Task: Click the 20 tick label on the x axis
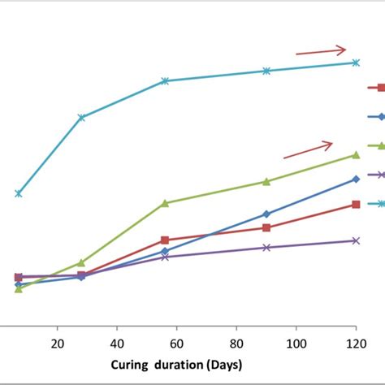coord(58,342)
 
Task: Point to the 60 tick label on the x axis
coord(177,342)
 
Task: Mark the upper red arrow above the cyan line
coord(321,51)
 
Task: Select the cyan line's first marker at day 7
coord(19,193)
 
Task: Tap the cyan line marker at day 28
coord(81,118)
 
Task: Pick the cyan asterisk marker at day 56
coord(165,81)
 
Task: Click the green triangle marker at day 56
coord(165,203)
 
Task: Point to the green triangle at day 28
coord(81,262)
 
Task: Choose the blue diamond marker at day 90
coord(266,214)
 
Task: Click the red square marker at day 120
coord(356,205)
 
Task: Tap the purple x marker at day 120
coord(356,240)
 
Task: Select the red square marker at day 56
coord(165,240)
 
